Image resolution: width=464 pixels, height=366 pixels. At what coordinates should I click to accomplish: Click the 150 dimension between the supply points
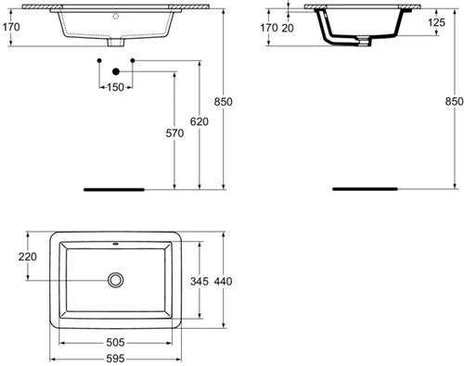click(x=115, y=87)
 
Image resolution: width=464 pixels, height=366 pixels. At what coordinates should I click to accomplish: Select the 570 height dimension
click(x=174, y=133)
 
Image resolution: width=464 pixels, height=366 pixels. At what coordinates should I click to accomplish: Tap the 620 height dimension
click(x=200, y=121)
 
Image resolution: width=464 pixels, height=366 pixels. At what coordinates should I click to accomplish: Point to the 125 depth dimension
click(x=437, y=22)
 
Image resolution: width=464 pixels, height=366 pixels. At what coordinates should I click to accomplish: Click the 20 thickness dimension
click(x=288, y=28)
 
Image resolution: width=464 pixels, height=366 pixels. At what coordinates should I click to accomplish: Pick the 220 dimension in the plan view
click(x=28, y=257)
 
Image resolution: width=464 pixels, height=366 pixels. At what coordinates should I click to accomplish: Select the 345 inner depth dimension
click(x=200, y=282)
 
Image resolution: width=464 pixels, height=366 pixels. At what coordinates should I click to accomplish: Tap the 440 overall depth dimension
click(x=223, y=282)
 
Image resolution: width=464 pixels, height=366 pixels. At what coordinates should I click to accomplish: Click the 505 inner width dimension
click(x=115, y=342)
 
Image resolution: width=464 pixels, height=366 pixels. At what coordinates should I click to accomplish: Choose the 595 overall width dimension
click(x=115, y=359)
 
